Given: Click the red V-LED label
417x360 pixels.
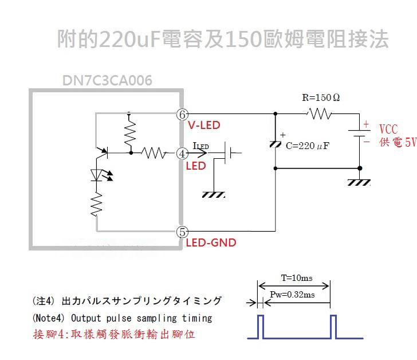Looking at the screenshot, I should coord(204,125).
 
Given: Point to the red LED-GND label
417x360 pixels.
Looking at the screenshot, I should coord(211,242).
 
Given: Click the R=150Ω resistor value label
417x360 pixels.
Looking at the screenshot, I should coord(321,97).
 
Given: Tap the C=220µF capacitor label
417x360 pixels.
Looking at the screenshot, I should coord(308,146).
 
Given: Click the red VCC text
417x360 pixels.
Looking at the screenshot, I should coord(388,130).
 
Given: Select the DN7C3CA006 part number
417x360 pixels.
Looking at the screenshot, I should coord(107,81).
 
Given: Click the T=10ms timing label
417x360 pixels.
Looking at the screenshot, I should coord(296,278).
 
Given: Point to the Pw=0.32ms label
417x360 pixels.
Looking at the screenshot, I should coord(292,294).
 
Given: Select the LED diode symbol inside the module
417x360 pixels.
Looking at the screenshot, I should coord(96,175).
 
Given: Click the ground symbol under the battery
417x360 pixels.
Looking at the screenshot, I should coord(360,182).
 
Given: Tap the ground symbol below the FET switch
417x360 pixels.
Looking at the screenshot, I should coord(214,194).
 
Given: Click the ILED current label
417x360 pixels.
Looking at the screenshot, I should coord(201,146).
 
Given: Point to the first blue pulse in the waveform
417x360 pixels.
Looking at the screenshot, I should coord(260,327).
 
